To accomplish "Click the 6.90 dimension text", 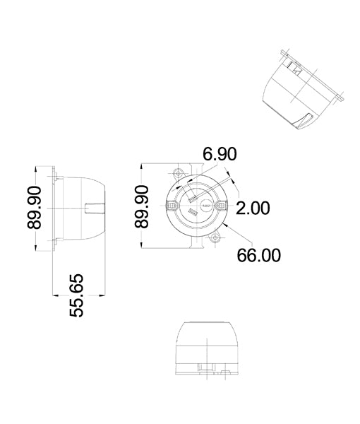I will click(220, 155).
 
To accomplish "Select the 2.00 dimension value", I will click(253, 208).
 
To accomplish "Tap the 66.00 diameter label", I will click(258, 255).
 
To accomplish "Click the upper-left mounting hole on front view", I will click(176, 172).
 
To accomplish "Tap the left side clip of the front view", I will click(172, 206).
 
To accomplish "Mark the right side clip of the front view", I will click(221, 206).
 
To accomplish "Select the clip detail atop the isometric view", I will click(294, 67).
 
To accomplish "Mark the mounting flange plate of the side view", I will click(56, 206).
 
